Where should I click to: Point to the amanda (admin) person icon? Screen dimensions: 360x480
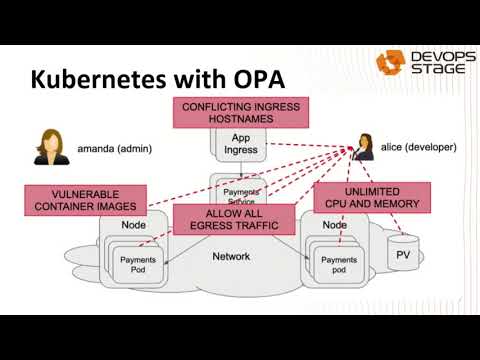pos(47,147)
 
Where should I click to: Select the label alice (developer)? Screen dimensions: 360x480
pos(418,147)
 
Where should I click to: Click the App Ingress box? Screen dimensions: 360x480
pos(240,145)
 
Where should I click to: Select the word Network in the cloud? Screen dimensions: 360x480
pos(231,257)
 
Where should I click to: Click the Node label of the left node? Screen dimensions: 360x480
pos(131,226)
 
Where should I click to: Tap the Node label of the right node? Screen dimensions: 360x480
pos(335,226)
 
